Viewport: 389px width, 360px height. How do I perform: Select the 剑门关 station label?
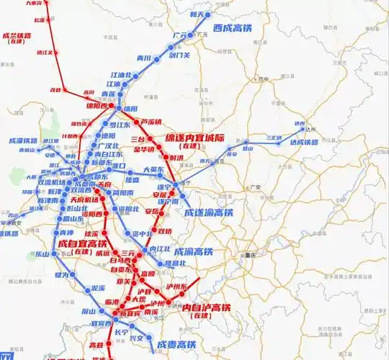[178, 53]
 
